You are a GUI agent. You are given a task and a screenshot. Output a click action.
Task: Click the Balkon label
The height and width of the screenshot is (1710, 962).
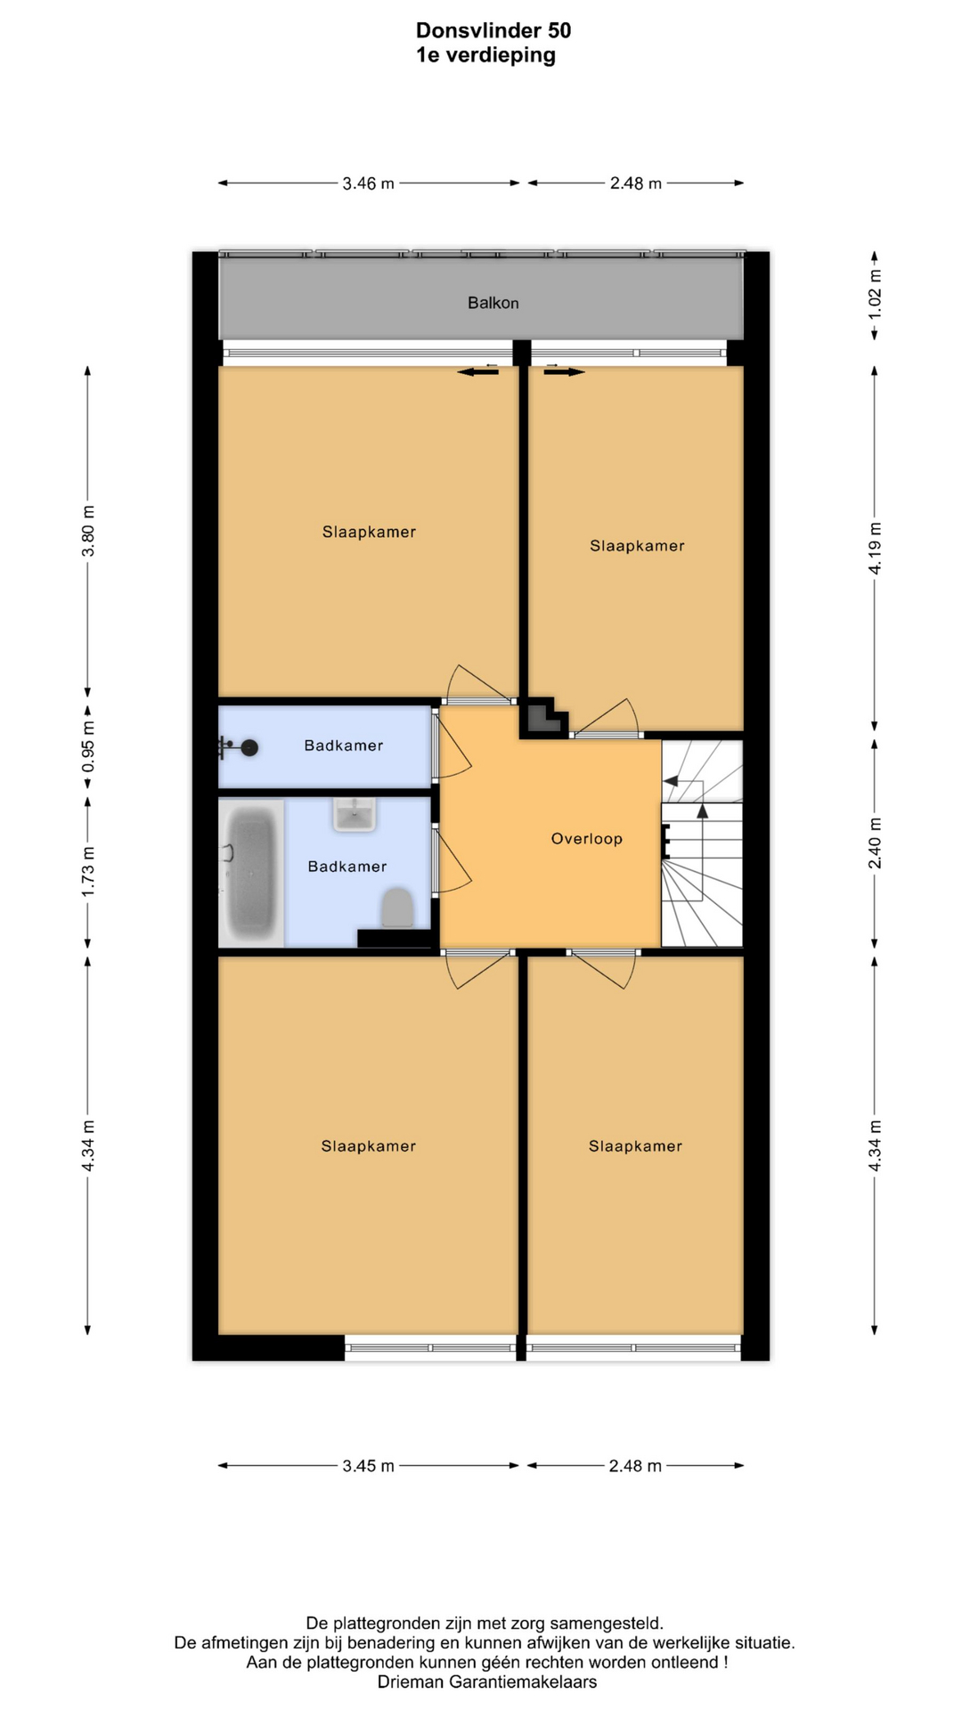pos(493,303)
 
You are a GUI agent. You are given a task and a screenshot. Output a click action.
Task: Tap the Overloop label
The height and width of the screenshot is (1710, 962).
pos(586,838)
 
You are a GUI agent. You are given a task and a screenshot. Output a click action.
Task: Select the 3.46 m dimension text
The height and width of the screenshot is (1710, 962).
pos(368,183)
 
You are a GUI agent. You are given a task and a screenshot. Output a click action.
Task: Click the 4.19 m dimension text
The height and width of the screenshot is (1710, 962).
pos(875,549)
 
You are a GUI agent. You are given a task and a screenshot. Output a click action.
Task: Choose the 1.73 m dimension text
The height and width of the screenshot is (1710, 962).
pos(87,872)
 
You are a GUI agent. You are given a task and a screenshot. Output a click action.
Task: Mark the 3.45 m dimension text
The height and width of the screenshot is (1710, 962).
pos(368,1466)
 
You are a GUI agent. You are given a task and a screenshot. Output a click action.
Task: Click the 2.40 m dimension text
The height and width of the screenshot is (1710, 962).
pos(875,843)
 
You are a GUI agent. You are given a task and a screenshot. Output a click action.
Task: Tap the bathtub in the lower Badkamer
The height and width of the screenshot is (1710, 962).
pos(252,873)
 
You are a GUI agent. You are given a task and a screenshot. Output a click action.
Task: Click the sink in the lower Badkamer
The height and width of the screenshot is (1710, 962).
pos(355,814)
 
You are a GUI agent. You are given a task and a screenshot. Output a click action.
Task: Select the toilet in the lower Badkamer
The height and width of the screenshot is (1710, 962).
pos(397,908)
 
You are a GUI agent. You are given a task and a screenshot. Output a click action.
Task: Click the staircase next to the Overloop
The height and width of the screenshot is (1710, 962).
pos(702,843)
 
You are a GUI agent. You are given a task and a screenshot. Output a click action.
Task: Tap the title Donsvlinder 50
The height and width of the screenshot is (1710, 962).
pos(493,30)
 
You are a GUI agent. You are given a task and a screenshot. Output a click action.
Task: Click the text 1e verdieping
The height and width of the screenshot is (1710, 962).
pos(485,55)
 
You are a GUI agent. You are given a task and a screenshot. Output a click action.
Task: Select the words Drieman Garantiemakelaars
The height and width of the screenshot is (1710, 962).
pos(487,1682)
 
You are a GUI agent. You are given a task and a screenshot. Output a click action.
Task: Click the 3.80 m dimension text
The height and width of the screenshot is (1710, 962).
pos(87,532)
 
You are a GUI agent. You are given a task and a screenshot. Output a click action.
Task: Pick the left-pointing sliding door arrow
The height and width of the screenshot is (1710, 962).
pos(478,372)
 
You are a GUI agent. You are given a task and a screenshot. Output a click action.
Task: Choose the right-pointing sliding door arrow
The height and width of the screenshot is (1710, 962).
pos(565,372)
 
